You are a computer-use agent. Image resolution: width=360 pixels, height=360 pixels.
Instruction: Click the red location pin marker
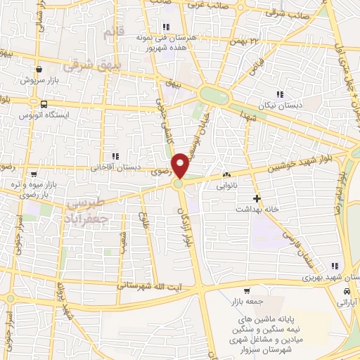coord(181,167)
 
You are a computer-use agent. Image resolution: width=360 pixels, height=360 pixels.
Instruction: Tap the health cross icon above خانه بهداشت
coord(257,198)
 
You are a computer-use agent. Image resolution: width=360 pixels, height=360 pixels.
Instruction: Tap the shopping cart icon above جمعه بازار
coord(246,291)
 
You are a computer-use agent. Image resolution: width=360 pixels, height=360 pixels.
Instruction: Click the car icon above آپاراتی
coord(347,291)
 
